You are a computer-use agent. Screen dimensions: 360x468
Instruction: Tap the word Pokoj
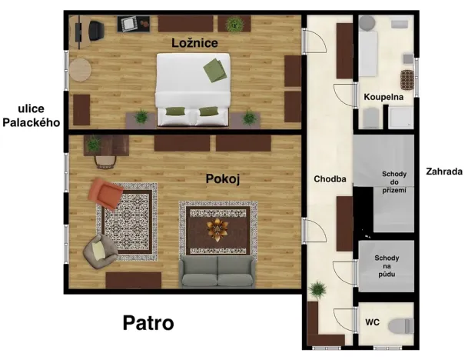(223, 179)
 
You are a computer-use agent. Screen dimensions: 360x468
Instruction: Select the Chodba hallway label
(330, 179)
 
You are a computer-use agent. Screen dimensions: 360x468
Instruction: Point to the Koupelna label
(384, 98)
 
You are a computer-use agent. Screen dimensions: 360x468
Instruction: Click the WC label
(373, 322)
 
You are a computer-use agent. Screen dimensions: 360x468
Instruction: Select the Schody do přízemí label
(394, 182)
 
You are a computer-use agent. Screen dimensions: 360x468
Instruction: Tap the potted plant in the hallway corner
(315, 290)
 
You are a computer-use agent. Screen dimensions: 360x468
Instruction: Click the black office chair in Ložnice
(97, 30)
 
